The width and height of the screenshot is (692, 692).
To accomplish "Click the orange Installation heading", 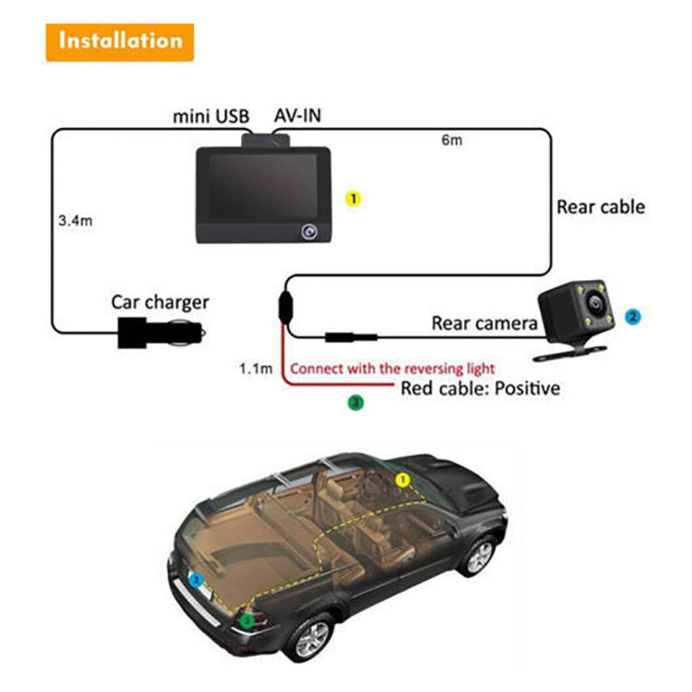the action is click(x=119, y=42).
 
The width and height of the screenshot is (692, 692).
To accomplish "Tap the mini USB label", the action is click(x=211, y=117).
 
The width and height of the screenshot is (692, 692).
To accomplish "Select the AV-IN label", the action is click(x=298, y=116).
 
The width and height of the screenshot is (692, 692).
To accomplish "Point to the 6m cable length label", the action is click(x=452, y=140).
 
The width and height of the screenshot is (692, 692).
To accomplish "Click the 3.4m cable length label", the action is click(x=75, y=221).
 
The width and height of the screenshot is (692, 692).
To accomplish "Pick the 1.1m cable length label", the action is click(x=255, y=368).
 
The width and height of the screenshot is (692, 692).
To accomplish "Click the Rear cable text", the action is click(x=600, y=207).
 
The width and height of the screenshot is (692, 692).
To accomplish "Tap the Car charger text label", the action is click(x=160, y=303).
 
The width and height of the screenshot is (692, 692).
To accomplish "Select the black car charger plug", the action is click(x=161, y=332).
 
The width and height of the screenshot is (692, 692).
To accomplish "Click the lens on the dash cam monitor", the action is click(x=309, y=231).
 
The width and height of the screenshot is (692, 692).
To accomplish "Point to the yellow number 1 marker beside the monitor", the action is click(x=353, y=199).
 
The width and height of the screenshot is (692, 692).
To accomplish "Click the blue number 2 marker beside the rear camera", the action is click(x=633, y=317).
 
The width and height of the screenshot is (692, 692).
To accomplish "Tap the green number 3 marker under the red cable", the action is click(x=356, y=402).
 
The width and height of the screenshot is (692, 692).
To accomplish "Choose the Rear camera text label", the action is click(x=484, y=323).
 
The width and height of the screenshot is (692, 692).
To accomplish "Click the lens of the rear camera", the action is click(x=595, y=304).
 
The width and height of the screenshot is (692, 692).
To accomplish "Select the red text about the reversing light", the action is click(x=393, y=368).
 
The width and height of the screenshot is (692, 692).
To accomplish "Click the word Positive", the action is click(x=528, y=388).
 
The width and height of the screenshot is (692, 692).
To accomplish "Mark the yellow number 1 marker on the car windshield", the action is click(x=402, y=480).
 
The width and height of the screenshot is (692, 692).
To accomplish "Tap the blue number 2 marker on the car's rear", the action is click(x=195, y=580).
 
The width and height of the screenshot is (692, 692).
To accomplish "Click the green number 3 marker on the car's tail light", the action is click(x=247, y=620).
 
